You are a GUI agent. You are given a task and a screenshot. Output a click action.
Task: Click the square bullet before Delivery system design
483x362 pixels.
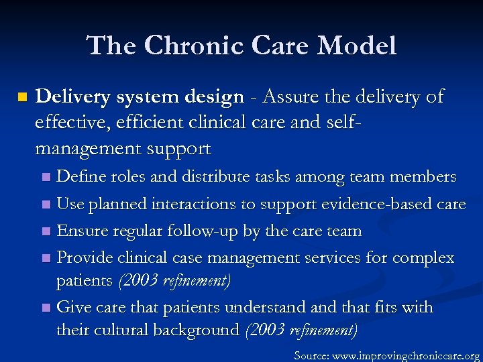pos(22,98)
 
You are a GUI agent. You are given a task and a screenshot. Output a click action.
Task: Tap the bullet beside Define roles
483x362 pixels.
pos(46,178)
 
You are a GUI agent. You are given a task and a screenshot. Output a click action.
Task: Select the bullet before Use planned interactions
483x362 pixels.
pos(46,204)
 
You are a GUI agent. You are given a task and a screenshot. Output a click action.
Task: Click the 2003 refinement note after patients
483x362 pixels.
pos(174,281)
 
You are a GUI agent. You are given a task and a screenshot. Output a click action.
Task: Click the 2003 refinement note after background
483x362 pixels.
pos(301,330)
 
